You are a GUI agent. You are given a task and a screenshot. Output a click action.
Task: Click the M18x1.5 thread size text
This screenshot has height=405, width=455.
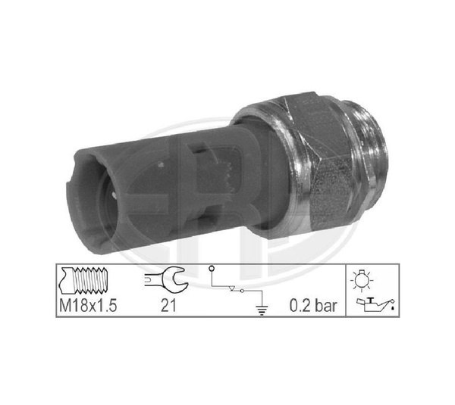pyautogui.click(x=88, y=305)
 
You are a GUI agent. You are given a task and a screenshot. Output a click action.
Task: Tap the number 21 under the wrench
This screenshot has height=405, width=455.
pyautogui.click(x=168, y=305)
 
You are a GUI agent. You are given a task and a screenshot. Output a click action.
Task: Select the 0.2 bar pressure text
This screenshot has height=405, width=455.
pyautogui.click(x=313, y=305)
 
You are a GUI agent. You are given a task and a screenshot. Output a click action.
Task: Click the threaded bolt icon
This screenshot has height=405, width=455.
pyautogui.click(x=83, y=280)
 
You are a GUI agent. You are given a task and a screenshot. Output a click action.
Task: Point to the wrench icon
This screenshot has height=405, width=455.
pyautogui.click(x=166, y=279)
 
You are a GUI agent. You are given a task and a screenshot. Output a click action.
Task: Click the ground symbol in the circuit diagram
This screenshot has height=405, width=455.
pyautogui.click(x=262, y=310)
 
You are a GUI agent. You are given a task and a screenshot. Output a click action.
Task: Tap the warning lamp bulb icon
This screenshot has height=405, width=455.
pyautogui.click(x=362, y=279)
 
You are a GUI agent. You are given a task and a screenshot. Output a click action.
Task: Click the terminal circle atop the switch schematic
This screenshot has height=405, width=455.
pyautogui.click(x=212, y=269)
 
